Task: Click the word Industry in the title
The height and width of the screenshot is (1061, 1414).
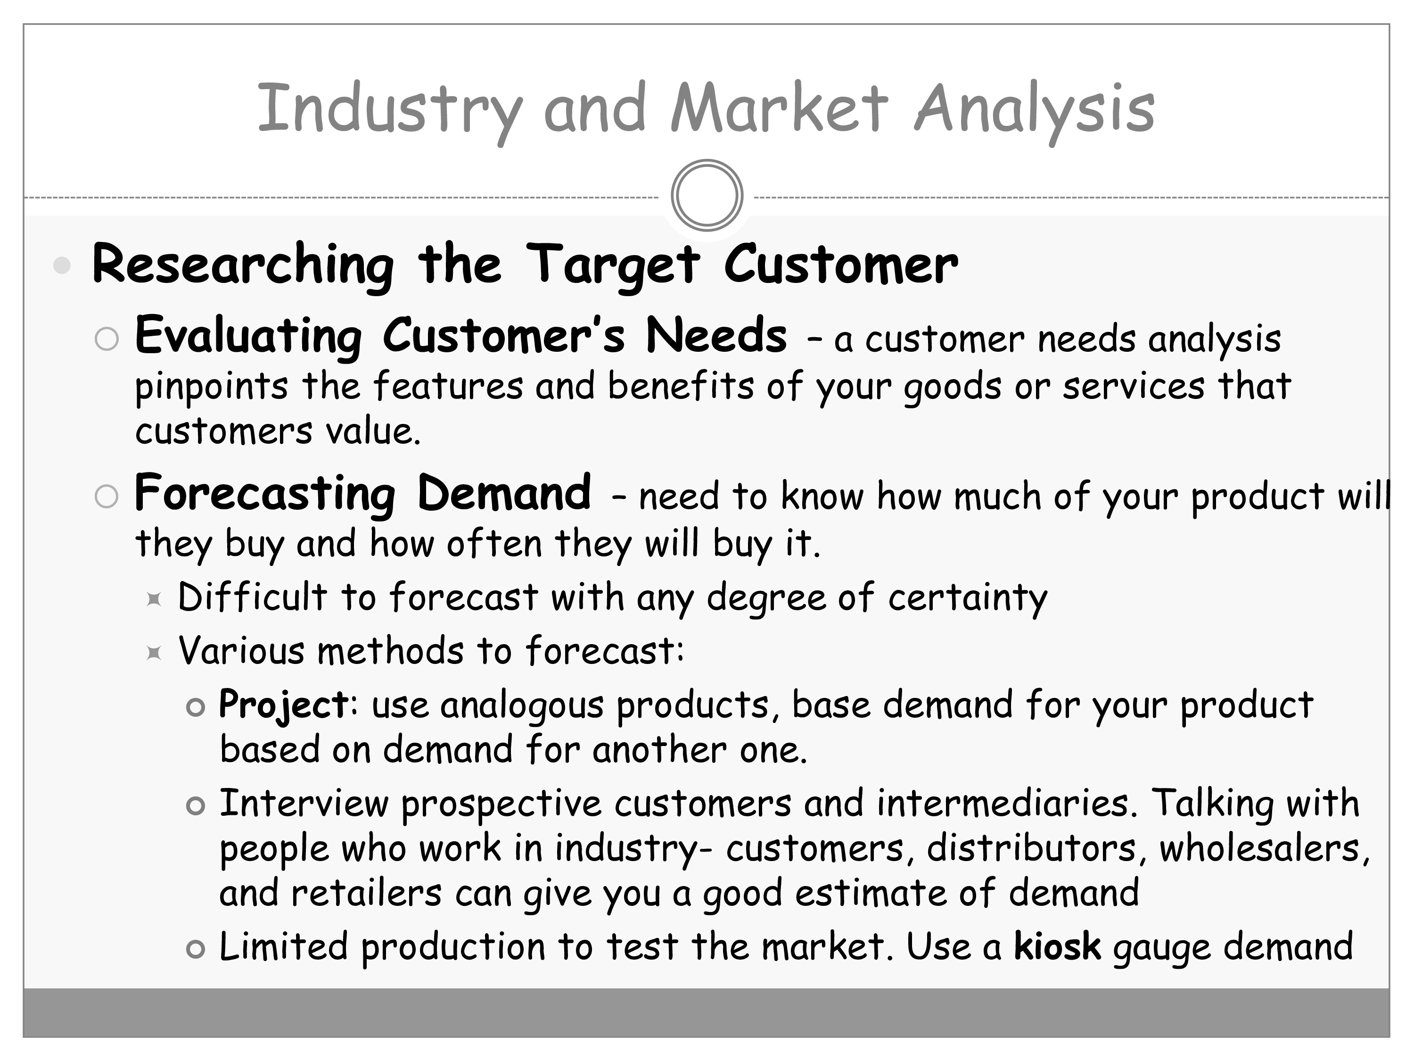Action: point(389,110)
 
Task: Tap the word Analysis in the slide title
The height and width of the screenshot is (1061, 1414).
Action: point(1034,110)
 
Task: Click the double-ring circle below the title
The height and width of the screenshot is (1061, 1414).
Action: point(707,195)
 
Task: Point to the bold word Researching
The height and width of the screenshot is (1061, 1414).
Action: point(243,265)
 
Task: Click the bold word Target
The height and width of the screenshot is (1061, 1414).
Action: point(613,265)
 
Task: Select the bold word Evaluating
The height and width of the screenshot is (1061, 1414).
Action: point(249,337)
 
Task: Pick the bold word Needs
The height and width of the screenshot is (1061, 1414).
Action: point(716,335)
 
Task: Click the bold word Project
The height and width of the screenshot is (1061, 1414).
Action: point(284,706)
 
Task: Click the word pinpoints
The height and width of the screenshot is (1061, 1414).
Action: point(212,388)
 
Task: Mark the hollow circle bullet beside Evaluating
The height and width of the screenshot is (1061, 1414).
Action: point(107,339)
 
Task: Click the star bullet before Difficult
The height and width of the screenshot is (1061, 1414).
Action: point(153,599)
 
